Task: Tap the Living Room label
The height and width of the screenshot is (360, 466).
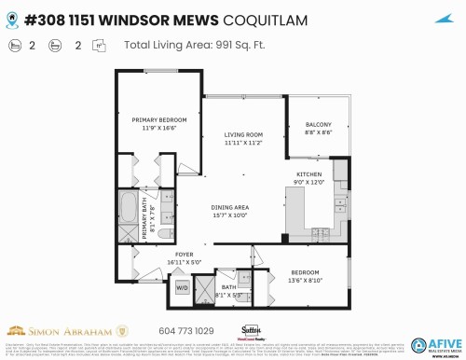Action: (242, 135)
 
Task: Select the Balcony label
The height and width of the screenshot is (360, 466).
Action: (318, 126)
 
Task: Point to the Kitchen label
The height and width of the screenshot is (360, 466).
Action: (309, 174)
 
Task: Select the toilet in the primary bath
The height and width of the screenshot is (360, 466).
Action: (164, 233)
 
